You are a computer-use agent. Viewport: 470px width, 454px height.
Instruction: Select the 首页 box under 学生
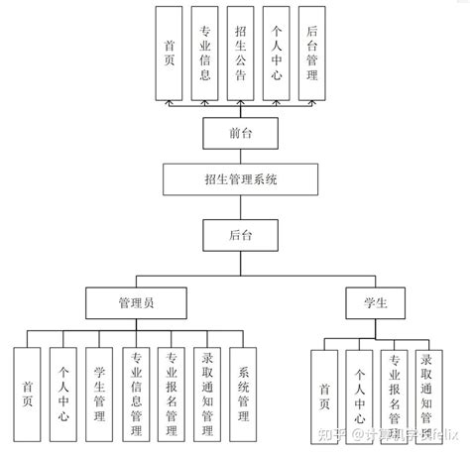click(323, 395)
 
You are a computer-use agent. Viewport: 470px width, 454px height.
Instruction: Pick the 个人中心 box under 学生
click(358, 395)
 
